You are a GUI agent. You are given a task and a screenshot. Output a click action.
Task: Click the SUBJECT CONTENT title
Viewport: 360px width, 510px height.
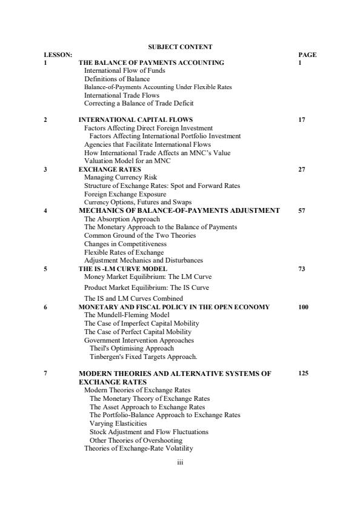[180, 47]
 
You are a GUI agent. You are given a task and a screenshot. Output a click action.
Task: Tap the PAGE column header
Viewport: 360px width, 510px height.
[307, 55]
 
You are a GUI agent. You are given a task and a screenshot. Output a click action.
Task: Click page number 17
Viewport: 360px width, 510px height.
[302, 120]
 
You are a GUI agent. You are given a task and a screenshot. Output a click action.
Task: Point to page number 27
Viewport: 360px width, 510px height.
[302, 169]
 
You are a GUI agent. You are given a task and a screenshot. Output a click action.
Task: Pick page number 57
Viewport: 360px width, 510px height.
[302, 210]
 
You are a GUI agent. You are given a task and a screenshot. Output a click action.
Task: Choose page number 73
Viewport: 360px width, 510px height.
[302, 268]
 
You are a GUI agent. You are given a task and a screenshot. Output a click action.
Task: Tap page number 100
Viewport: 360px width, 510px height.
[304, 307]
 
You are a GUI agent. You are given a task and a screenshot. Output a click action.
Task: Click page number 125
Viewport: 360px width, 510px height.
[304, 374]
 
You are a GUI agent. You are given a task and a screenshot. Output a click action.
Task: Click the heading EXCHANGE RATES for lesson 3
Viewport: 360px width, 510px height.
[110, 169]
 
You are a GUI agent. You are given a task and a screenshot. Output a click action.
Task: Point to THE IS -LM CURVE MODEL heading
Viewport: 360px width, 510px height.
[123, 268]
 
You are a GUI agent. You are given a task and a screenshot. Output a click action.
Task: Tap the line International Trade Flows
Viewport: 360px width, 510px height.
[122, 95]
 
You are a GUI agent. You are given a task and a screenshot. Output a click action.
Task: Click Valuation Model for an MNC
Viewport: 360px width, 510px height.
[127, 161]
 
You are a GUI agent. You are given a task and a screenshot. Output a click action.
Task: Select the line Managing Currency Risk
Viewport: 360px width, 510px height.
[116, 178]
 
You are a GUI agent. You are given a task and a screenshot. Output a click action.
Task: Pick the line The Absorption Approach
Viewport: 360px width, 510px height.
[122, 219]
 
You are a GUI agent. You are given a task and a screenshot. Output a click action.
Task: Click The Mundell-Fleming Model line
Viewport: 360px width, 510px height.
[119, 315]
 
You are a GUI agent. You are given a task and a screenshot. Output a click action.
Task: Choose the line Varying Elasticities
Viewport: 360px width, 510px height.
[118, 423]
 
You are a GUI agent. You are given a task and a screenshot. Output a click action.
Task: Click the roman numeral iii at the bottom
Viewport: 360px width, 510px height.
[180, 462]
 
